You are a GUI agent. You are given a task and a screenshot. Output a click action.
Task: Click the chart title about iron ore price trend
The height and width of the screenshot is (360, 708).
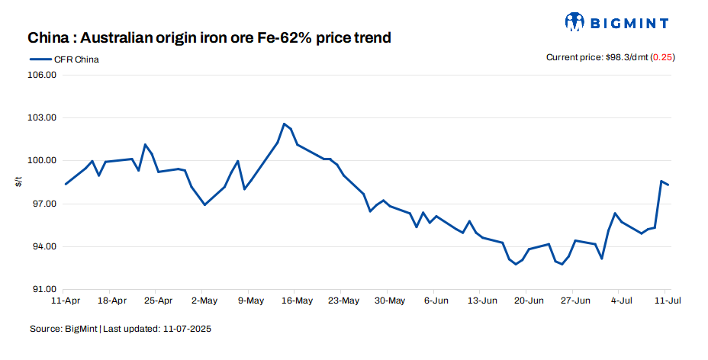point(209,37)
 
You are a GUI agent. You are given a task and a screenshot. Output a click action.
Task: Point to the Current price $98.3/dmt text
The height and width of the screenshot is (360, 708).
point(596,57)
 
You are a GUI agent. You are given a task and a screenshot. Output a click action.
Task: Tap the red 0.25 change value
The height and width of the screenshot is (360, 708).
point(663,57)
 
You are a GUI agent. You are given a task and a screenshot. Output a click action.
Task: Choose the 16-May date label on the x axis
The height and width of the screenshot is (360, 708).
point(298,301)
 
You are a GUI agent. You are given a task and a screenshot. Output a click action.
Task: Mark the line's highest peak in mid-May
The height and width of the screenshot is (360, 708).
point(284,124)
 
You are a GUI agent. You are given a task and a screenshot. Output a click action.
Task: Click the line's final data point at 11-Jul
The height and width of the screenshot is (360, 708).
point(668,185)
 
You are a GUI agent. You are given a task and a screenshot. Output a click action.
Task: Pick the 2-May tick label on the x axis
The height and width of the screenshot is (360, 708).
point(204,301)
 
